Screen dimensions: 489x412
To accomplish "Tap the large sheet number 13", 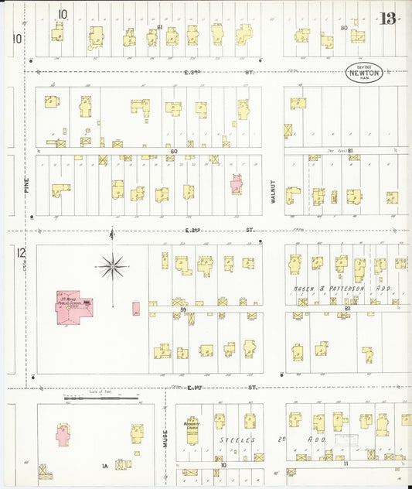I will coord(389,18).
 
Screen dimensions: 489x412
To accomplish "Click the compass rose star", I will coord(113,267).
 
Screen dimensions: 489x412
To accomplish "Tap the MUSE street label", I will coord(165,439).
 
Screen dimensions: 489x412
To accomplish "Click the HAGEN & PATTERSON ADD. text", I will coord(342,289).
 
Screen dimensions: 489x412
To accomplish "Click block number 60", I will coord(174,151).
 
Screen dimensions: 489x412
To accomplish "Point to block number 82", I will coord(348,309).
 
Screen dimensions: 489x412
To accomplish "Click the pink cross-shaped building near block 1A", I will coord(63,433).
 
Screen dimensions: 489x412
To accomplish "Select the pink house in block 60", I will coord(237,183).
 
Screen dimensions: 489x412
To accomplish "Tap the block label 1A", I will coord(104,466).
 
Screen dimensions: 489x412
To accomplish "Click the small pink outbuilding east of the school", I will coord(136,309).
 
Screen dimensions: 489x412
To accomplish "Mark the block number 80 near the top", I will coord(343,28).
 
